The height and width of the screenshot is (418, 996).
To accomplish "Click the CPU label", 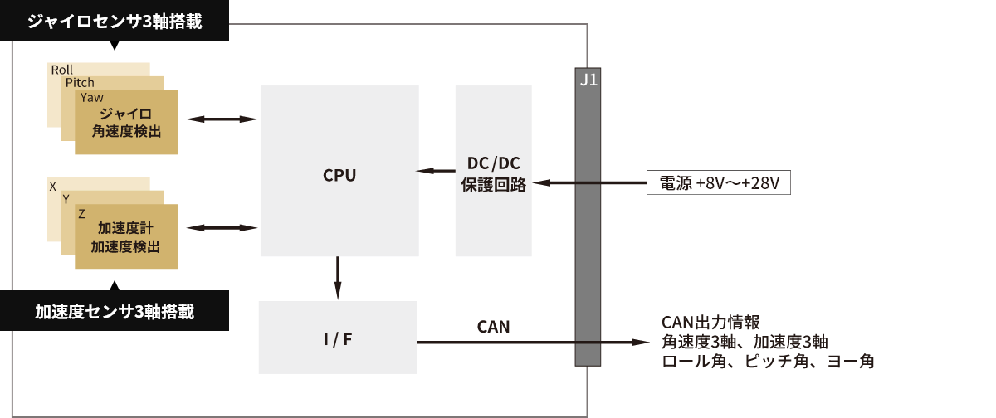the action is click(339, 176).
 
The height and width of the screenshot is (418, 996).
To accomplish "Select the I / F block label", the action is click(338, 339).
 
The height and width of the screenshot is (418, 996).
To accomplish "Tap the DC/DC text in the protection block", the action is click(494, 163).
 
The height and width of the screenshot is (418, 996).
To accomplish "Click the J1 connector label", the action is click(588, 80).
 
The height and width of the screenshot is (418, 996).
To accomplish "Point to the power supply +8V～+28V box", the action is click(719, 182).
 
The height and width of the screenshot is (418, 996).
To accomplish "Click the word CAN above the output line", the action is click(493, 327).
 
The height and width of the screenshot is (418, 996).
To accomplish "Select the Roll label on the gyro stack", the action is click(61, 70).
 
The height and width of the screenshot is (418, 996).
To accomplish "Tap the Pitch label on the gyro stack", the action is click(80, 83).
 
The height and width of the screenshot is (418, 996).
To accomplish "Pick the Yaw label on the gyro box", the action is click(91, 98).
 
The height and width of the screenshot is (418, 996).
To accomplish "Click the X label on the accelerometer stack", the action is click(53, 187).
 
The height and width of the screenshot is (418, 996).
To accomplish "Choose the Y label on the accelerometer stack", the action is click(66, 199).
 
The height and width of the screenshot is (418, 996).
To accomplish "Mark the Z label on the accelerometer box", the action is click(81, 214).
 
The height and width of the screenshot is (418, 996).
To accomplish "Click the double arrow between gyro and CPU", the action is click(222, 119).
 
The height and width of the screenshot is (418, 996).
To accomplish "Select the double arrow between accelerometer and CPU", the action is click(222, 228).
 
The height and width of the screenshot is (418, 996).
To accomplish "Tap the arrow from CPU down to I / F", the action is click(338, 278).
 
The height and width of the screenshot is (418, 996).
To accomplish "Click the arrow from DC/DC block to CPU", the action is click(435, 171).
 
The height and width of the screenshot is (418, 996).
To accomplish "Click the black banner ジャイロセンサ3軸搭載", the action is click(115, 21).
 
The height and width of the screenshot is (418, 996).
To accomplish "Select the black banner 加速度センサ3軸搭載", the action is click(115, 311).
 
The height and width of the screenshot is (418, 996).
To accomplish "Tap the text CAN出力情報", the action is click(710, 323).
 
